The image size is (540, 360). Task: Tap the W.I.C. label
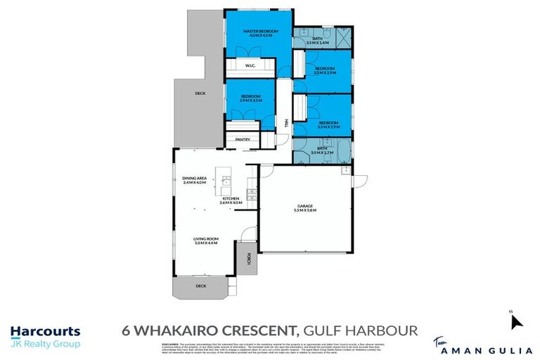click(x=250, y=66)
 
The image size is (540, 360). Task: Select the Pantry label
click(x=243, y=139)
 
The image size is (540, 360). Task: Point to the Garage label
click(x=306, y=207)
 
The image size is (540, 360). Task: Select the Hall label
click(x=285, y=123)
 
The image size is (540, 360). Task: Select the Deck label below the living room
click(x=201, y=286)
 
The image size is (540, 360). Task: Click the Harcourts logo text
click(x=45, y=331)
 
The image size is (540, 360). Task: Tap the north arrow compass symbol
click(x=517, y=322)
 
